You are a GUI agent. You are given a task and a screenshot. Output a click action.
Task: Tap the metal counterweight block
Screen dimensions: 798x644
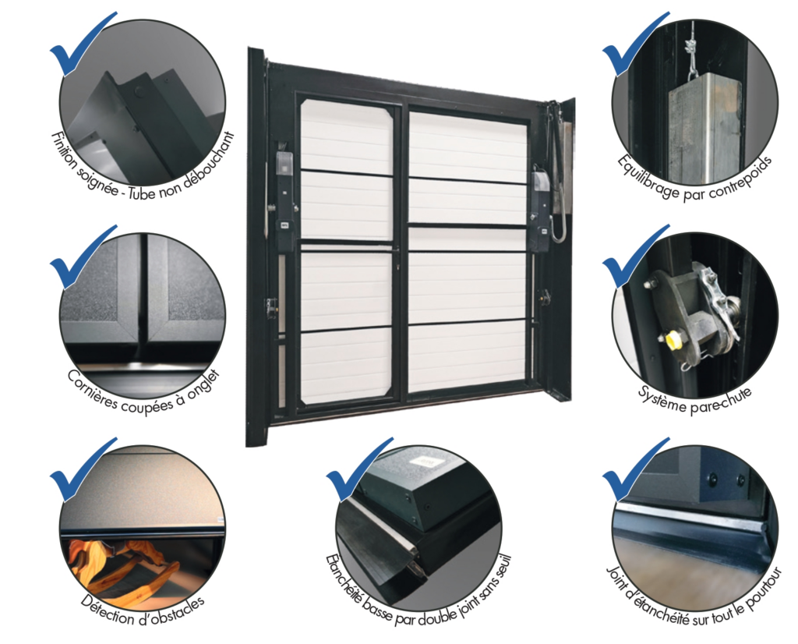[x=704, y=130]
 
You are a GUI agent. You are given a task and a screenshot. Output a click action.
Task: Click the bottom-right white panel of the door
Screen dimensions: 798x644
[x=467, y=356]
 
